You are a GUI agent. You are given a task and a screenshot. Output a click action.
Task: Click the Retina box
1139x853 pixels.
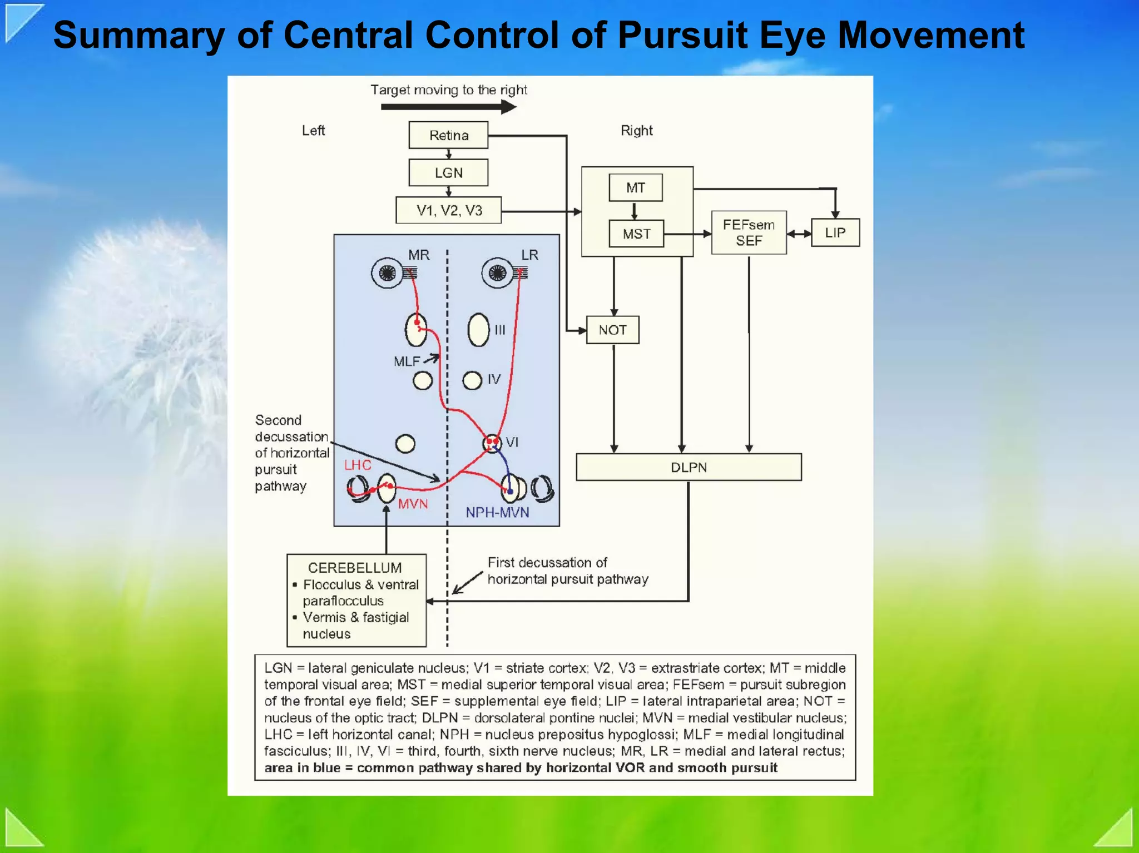click(448, 135)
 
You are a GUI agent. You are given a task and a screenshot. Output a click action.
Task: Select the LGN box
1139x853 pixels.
click(448, 173)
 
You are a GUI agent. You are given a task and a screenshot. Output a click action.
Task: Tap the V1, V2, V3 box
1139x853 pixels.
click(449, 210)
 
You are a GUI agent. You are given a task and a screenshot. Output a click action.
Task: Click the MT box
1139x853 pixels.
click(636, 188)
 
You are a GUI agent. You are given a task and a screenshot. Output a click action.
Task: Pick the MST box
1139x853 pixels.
click(636, 234)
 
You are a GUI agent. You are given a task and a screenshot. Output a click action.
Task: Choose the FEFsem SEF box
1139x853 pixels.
click(749, 233)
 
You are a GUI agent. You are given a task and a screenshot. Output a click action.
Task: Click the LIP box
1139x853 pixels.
click(835, 233)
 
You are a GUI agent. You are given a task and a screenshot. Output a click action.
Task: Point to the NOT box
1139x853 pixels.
click(612, 330)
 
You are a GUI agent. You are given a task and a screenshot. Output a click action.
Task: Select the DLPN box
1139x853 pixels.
click(689, 467)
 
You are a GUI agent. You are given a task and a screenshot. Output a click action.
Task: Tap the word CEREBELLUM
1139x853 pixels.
click(355, 568)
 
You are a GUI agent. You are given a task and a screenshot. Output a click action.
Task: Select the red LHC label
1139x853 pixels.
click(358, 465)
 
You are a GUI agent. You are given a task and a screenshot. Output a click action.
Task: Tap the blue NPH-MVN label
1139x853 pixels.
click(497, 513)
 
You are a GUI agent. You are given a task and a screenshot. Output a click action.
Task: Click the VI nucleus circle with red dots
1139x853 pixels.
click(492, 443)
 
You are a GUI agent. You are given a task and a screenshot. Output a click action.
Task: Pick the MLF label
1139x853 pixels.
click(407, 361)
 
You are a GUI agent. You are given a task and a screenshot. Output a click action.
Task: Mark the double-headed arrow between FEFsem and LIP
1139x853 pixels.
click(799, 234)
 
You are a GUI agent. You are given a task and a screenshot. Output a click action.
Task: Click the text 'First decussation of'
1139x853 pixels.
click(547, 563)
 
